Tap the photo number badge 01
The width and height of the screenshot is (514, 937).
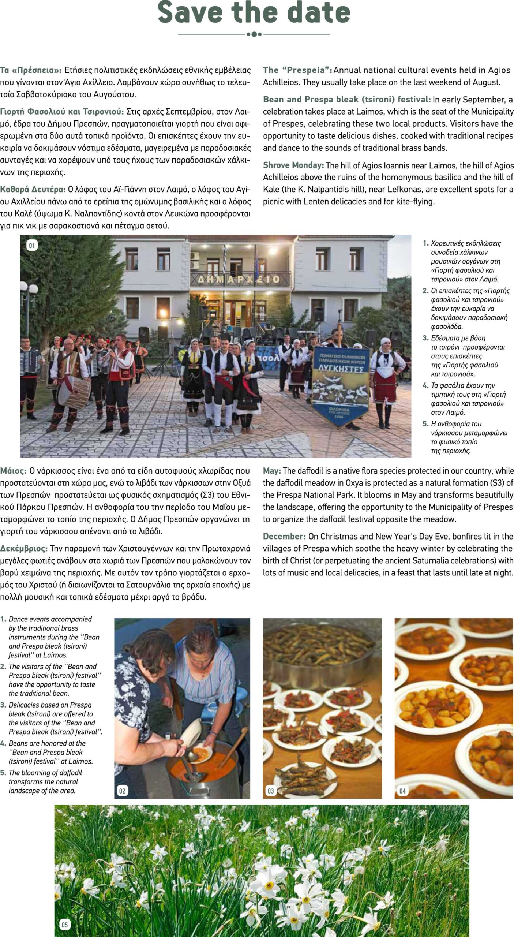(32, 246)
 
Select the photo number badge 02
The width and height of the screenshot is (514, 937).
(122, 791)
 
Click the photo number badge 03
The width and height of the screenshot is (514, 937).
(270, 791)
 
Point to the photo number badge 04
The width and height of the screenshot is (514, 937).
(402, 791)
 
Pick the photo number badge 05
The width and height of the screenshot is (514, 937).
(64, 925)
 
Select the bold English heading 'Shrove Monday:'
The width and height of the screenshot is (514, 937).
(293, 165)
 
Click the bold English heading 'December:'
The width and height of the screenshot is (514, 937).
(284, 537)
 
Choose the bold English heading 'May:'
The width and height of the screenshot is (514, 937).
(272, 471)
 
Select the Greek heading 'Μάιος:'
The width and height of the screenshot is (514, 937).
(13, 470)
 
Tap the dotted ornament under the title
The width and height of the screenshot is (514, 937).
(254, 34)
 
